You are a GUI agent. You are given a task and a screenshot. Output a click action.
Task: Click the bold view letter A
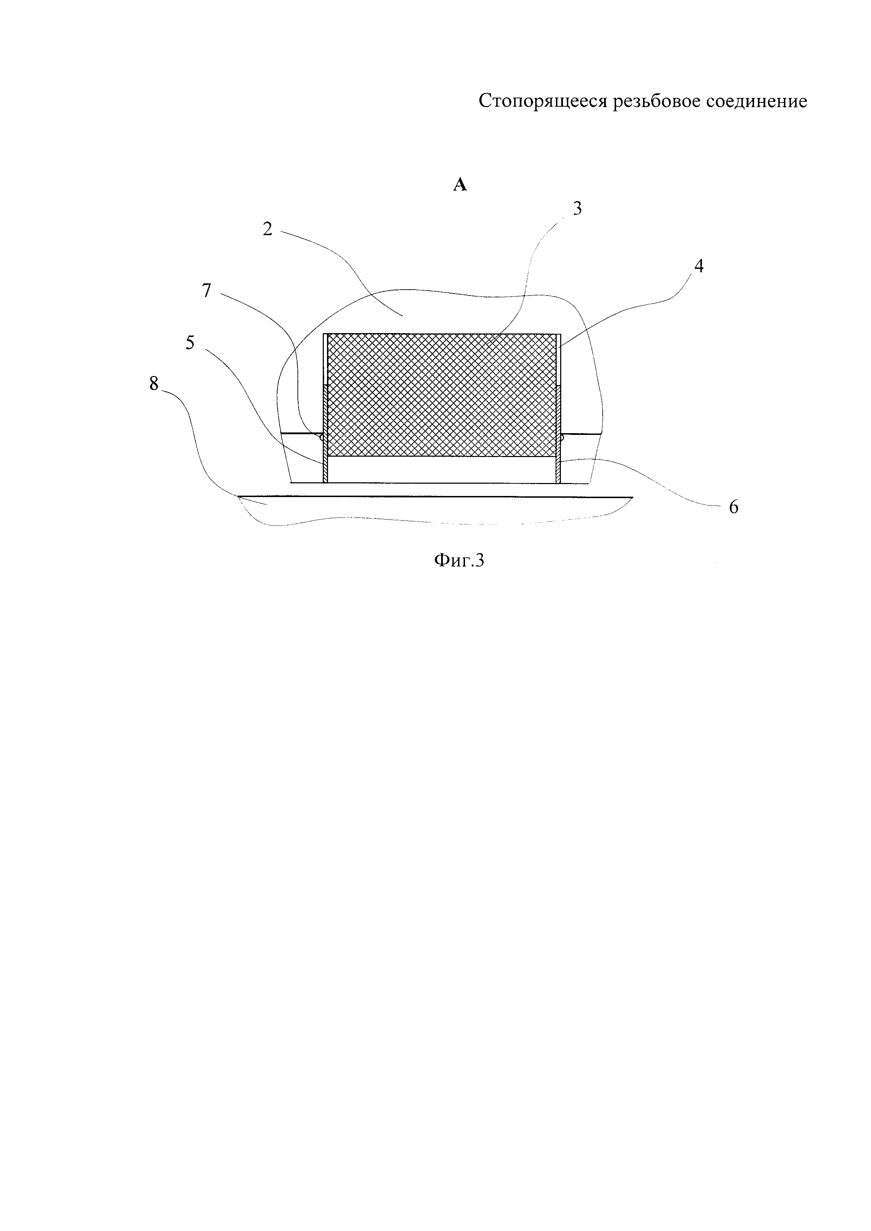coord(460,185)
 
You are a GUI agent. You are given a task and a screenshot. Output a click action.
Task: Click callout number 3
coord(577,209)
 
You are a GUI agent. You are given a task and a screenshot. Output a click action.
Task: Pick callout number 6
coord(733,507)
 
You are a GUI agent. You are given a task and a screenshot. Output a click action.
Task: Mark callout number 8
coord(155,384)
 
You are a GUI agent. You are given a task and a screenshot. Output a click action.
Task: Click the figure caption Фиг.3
coord(459,560)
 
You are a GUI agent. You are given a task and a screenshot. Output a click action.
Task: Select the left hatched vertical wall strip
coord(325,434)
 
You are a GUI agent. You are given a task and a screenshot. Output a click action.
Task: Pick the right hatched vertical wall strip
coord(558,434)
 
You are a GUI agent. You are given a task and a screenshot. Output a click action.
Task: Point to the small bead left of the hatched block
coord(321,437)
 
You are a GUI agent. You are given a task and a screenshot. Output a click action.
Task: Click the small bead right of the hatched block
coord(562,437)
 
